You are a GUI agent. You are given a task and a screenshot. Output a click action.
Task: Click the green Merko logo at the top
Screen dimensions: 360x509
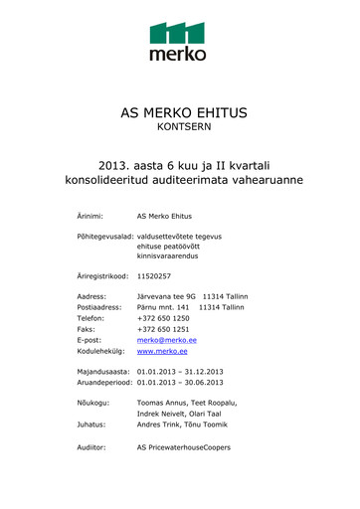coord(179,41)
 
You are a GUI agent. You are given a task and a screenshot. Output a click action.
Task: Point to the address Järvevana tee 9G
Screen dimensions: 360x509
coord(166,296)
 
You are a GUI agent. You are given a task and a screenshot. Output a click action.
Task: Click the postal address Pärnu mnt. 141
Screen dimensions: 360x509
coord(163,309)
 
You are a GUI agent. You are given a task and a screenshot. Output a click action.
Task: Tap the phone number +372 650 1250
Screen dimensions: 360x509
coord(163,323)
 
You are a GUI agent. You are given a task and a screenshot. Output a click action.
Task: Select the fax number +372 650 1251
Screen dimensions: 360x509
coord(163,337)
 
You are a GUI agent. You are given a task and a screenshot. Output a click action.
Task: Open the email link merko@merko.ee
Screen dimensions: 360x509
coord(166,351)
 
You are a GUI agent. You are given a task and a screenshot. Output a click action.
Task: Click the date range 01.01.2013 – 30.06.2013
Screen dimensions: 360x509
coord(180,397)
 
